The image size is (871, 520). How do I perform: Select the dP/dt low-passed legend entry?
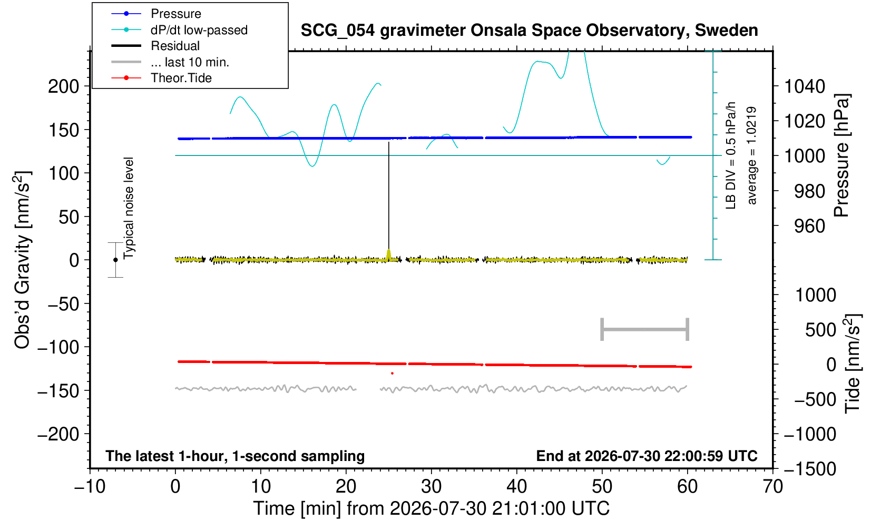point(179,30)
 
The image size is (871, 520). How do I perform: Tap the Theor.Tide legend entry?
point(161,78)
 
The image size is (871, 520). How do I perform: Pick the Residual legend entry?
point(155,46)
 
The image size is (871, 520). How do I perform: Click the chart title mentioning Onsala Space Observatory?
point(529,31)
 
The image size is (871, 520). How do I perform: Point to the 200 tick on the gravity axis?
point(64,86)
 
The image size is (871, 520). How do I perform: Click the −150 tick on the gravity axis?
point(58,390)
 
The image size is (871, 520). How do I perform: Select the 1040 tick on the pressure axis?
point(805,86)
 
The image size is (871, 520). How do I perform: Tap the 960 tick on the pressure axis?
point(809,226)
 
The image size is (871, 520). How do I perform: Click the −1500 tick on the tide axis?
point(810,469)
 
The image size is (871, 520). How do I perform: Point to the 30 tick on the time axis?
point(431,486)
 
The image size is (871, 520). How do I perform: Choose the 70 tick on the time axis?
point(772,486)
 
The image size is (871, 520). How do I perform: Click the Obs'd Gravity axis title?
point(22,260)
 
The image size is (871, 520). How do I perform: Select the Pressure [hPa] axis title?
point(842,155)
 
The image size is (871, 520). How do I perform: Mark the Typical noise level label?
point(129,208)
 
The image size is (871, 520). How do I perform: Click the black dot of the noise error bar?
point(115,260)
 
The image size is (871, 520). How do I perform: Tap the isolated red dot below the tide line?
point(393,374)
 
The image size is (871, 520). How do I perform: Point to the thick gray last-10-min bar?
point(645,329)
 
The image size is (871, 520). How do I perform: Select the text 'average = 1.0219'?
point(751,155)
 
